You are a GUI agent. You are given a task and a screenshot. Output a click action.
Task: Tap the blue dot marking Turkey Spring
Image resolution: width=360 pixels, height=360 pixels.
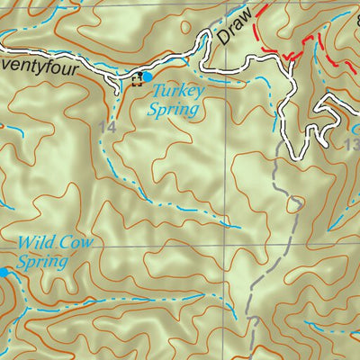click(x=147, y=77)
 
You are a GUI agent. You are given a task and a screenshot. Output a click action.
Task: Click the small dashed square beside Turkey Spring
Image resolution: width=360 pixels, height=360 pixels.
click(x=137, y=80)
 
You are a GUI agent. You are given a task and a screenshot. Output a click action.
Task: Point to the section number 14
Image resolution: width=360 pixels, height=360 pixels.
click(x=107, y=129)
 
